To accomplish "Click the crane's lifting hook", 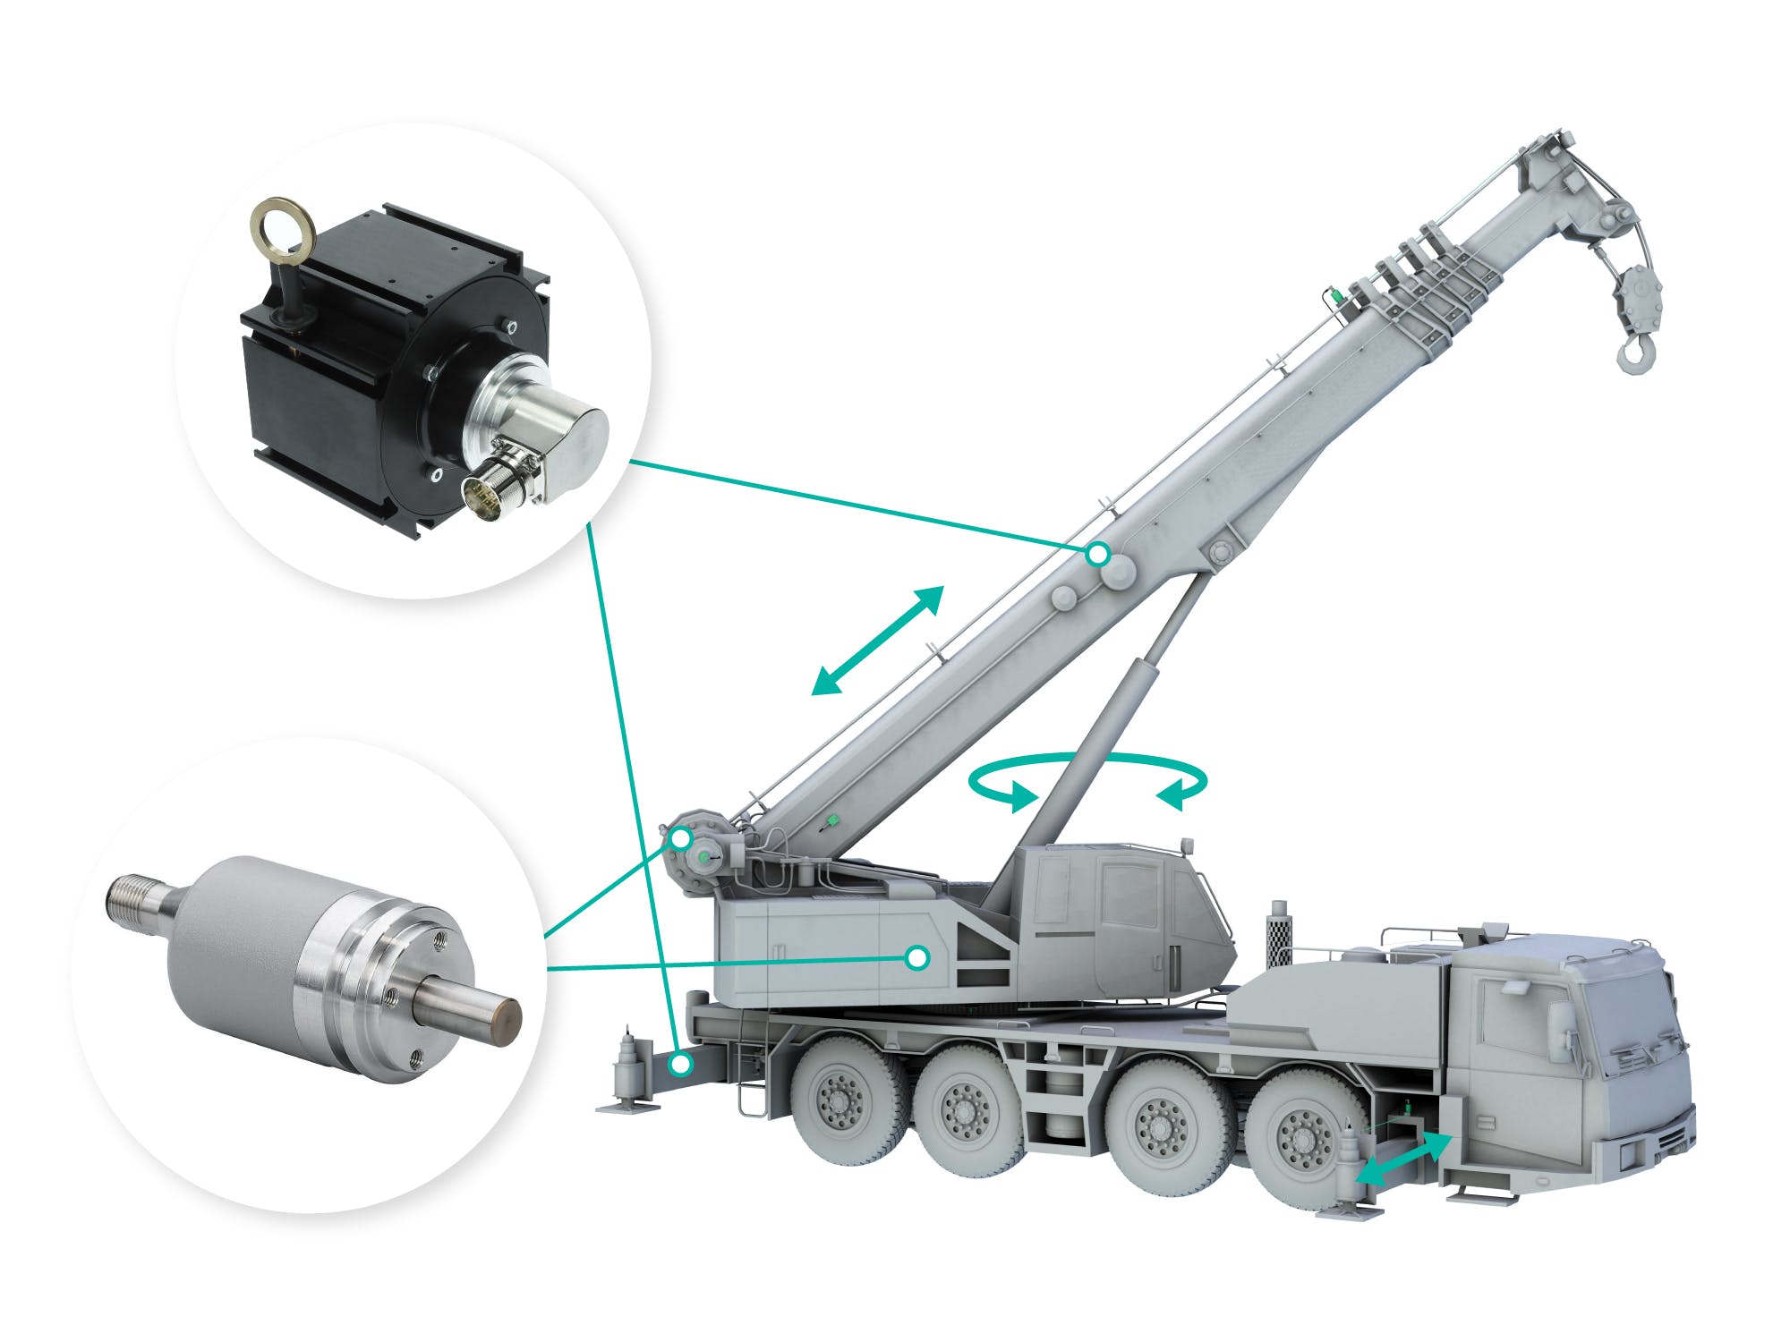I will point(1637,352).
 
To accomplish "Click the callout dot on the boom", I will point(1098,555).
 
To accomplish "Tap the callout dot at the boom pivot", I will point(681,839).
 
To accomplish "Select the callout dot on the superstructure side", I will point(916,958).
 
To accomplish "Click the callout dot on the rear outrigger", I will point(681,1065).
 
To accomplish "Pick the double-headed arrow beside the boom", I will point(877,640).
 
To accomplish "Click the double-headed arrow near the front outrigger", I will point(1402,1159).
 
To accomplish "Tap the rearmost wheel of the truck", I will point(841,1101).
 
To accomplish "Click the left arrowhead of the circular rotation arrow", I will point(1020,795).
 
